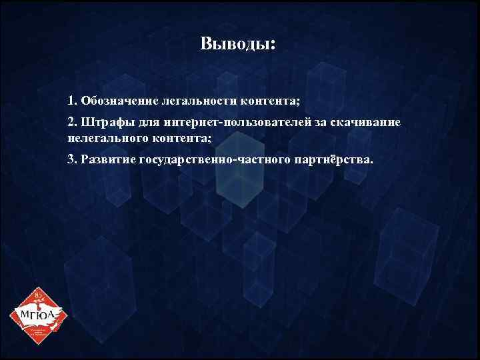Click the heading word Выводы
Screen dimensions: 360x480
236,45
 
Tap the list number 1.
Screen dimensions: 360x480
71,101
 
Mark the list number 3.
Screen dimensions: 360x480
71,161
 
